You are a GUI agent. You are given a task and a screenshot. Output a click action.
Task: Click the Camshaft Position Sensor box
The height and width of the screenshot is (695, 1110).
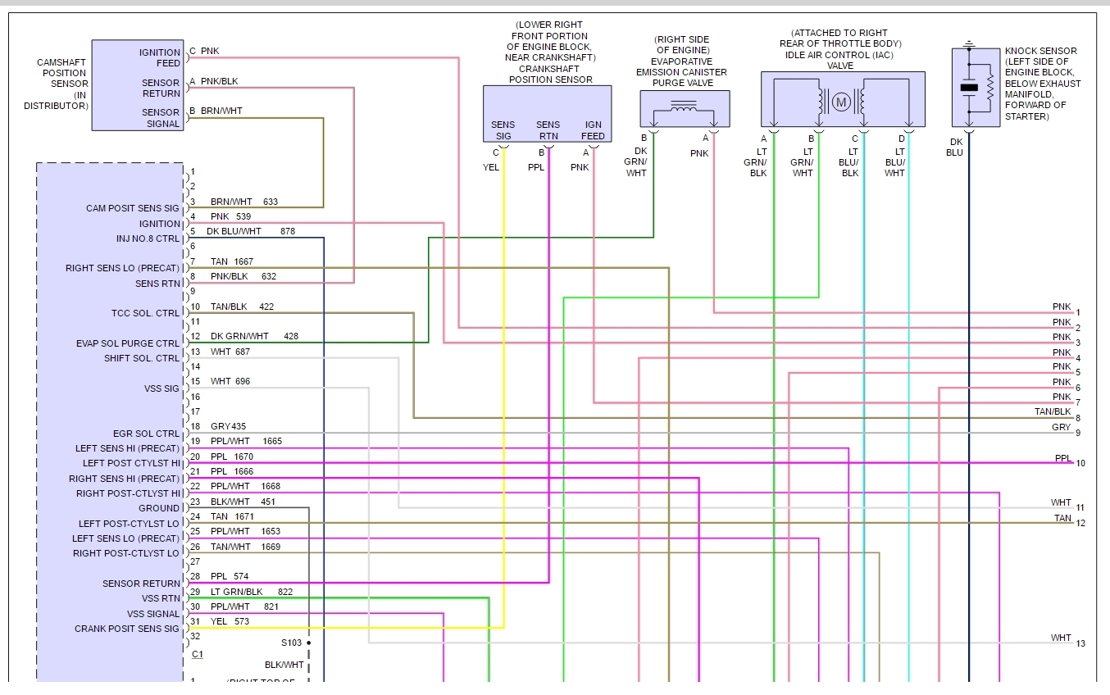138,85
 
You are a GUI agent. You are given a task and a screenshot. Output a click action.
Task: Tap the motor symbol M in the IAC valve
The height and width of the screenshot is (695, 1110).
841,102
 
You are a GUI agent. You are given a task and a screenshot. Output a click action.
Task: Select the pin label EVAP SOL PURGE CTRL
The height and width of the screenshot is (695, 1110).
127,343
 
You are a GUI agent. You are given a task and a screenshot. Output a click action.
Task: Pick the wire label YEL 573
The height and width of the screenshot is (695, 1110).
230,621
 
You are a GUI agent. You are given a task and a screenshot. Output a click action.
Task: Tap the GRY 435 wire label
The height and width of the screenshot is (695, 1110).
228,427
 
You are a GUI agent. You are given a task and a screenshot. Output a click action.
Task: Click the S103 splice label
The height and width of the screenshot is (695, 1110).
291,643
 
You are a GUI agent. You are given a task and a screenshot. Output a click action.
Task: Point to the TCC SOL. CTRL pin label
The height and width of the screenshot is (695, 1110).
145,313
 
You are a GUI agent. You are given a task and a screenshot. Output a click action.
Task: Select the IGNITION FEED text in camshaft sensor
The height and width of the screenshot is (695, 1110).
159,57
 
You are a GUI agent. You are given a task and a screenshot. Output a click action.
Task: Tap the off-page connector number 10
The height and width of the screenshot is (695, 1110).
1080,463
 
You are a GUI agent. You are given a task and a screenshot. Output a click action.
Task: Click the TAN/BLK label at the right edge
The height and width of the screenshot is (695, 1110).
1053,411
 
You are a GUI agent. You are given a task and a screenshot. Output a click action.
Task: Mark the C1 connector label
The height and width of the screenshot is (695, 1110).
197,654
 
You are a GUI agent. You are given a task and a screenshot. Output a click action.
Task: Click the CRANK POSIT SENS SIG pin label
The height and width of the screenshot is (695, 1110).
126,629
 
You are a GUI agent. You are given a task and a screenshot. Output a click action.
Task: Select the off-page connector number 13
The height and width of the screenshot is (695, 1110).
1080,643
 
